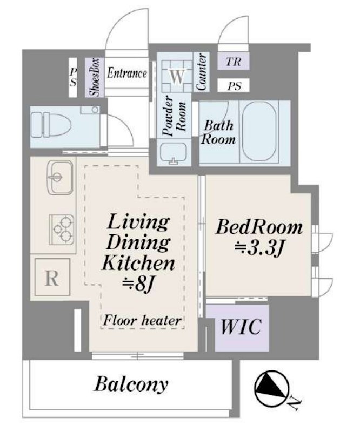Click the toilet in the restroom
tap(50, 125)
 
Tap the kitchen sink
tap(60, 178)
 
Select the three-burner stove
tap(62, 230)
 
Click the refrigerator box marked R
tap(52, 277)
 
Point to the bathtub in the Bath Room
tap(259, 131)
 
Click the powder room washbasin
tap(174, 153)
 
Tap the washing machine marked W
tap(177, 76)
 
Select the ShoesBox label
tap(95, 77)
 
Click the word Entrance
tap(126, 73)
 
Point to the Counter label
tap(201, 72)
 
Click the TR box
tap(234, 61)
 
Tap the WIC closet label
tap(241, 327)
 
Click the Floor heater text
tap(142, 320)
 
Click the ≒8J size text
tap(138, 284)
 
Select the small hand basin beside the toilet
tap(90, 110)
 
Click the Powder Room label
tap(174, 116)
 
